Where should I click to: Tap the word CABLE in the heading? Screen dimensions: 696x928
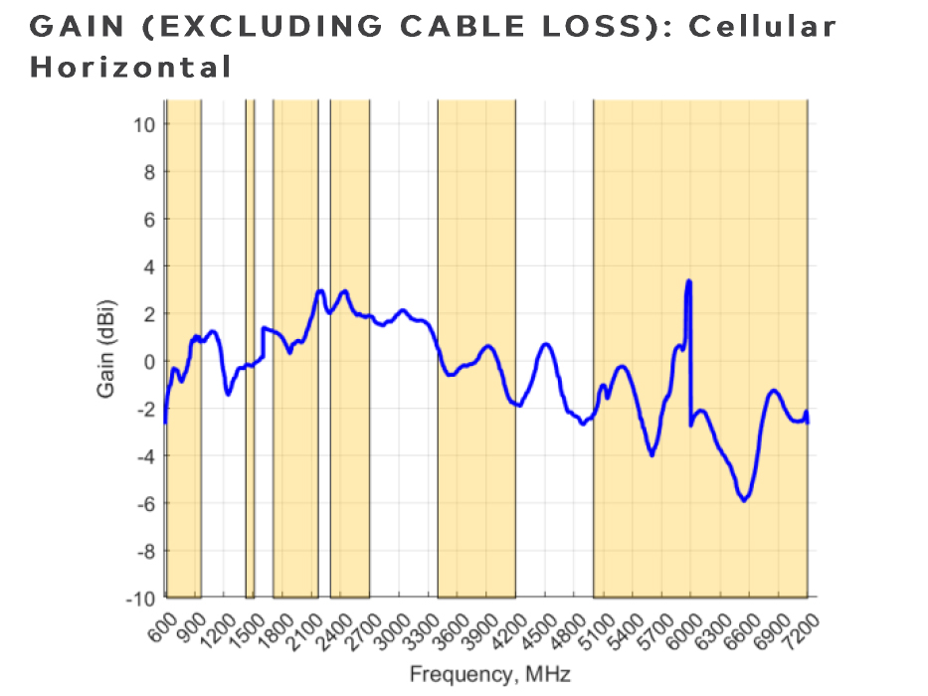tap(461, 27)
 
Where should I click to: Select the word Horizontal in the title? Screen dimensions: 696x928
tap(130, 69)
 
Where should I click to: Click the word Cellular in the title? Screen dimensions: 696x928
tap(763, 27)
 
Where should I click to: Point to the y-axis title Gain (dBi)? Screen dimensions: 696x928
tap(105, 348)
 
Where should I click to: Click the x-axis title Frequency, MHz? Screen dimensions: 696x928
tap(489, 675)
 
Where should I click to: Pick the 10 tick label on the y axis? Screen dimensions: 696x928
tap(143, 124)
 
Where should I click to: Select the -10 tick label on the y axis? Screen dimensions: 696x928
tap(139, 598)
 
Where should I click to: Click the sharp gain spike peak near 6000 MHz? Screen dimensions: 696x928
tap(688, 281)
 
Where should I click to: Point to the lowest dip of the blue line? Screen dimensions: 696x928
tap(743, 500)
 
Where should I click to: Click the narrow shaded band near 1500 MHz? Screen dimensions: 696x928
tap(250, 348)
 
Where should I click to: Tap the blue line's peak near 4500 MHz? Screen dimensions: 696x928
tap(546, 344)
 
